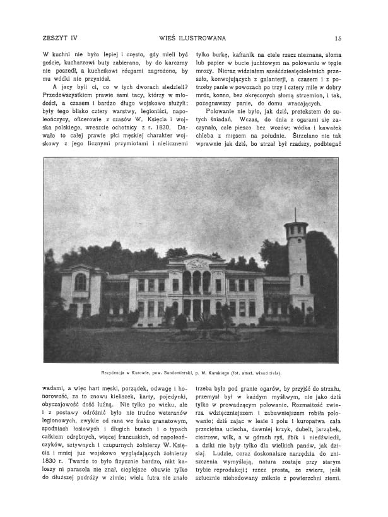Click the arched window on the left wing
pos(81,282)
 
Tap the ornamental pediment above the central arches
pos(197,263)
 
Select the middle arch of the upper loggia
pos(197,282)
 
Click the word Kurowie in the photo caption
pos(158,373)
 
